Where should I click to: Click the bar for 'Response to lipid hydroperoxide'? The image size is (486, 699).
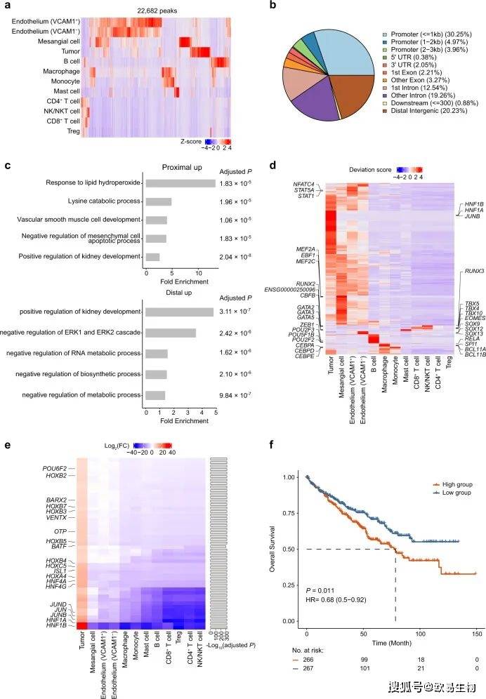(x=180, y=183)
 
